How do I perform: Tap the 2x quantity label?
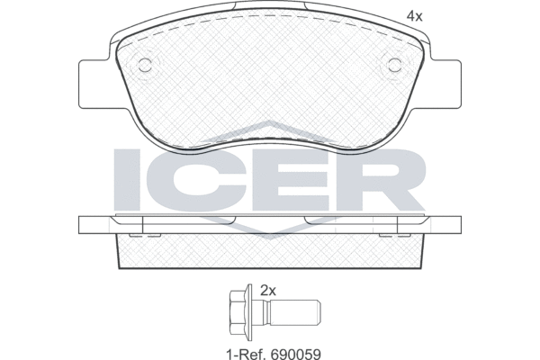coord(268,292)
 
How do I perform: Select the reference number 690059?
coord(296,354)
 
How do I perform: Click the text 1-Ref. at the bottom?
coord(247,354)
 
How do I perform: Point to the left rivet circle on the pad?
coord(145,65)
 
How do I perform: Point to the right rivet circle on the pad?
coord(395,65)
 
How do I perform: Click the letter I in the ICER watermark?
coord(126,179)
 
